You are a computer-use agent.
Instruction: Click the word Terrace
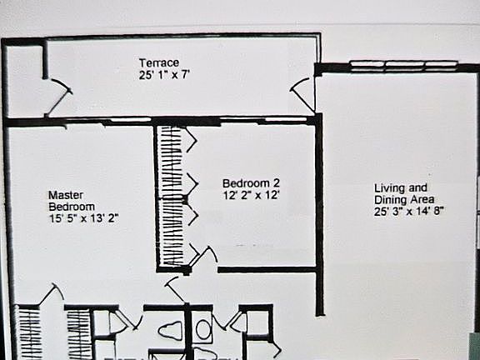pos(159,62)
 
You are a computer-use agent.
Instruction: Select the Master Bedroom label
pos(71,201)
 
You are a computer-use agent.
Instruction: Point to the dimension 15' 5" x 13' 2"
pos(84,218)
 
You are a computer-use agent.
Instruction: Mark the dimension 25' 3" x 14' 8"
pos(410,212)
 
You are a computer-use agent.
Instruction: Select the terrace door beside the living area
pos(302,92)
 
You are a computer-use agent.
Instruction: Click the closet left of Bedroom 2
pos(170,196)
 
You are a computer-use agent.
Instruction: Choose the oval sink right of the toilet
pos(203,330)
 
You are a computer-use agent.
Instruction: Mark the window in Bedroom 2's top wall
pos(276,121)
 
